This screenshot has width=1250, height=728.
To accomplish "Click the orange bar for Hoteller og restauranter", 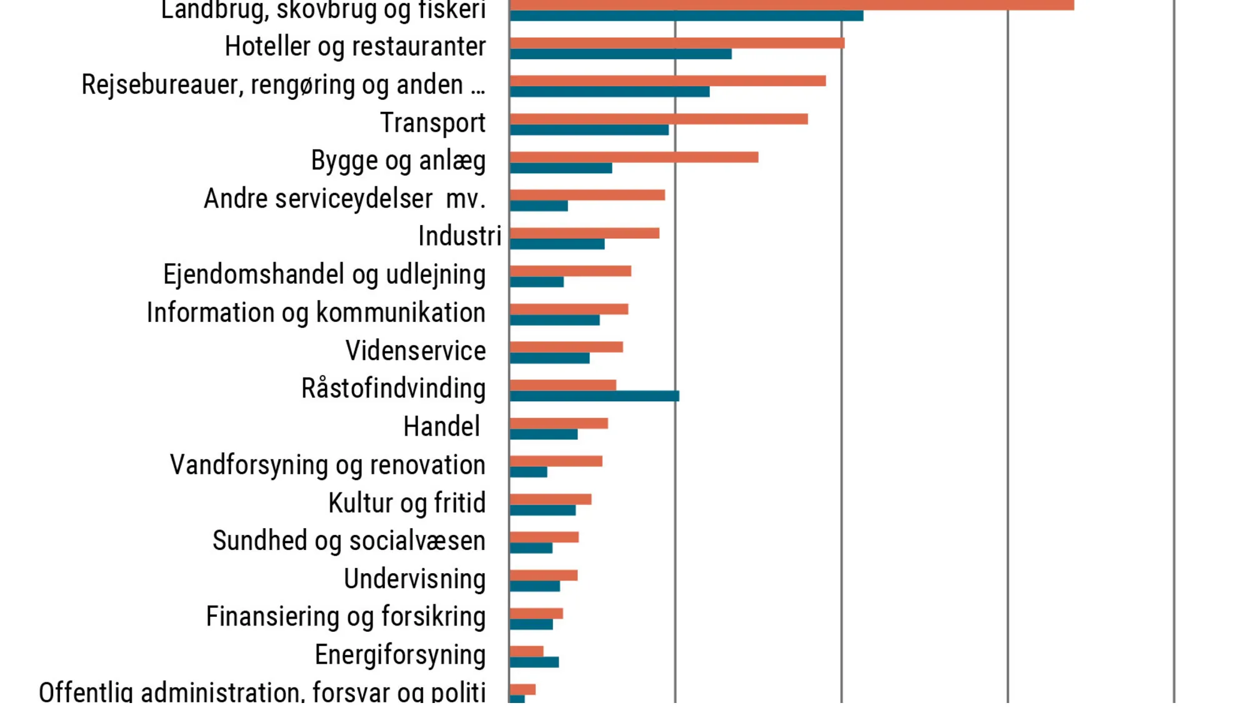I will pyautogui.click(x=677, y=43).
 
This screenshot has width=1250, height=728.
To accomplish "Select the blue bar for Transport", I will pyautogui.click(x=589, y=130).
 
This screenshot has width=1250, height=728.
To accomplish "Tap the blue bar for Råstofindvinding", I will pyautogui.click(x=594, y=396).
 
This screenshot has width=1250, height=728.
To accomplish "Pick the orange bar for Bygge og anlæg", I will pyautogui.click(x=634, y=157).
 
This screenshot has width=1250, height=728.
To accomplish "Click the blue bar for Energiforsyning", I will pyautogui.click(x=534, y=662).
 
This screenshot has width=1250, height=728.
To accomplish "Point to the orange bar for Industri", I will pyautogui.click(x=584, y=233).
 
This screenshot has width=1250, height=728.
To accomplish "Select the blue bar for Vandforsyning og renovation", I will pyautogui.click(x=529, y=472).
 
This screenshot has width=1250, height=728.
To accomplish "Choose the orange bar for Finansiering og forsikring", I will pyautogui.click(x=536, y=614).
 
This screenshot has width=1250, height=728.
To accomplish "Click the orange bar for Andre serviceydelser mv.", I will pyautogui.click(x=587, y=195).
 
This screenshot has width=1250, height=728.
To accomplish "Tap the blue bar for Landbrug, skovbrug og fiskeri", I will pyautogui.click(x=686, y=16).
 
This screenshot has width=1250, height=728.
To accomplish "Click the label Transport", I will pyautogui.click(x=432, y=123).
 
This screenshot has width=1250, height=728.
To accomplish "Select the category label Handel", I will pyautogui.click(x=441, y=427).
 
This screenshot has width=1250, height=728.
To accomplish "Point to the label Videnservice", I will pyautogui.click(x=416, y=351).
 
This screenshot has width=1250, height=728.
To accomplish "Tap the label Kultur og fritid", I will pyautogui.click(x=407, y=504).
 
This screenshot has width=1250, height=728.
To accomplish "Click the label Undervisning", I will pyautogui.click(x=414, y=579).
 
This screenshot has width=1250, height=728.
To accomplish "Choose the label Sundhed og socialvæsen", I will pyautogui.click(x=349, y=541).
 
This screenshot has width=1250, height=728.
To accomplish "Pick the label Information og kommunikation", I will pyautogui.click(x=316, y=313).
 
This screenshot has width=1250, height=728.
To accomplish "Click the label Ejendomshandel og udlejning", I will pyautogui.click(x=324, y=275).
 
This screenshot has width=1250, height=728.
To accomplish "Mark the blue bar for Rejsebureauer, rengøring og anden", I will pyautogui.click(x=609, y=92).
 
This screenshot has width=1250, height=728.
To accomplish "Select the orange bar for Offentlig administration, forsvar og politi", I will pyautogui.click(x=522, y=689).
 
